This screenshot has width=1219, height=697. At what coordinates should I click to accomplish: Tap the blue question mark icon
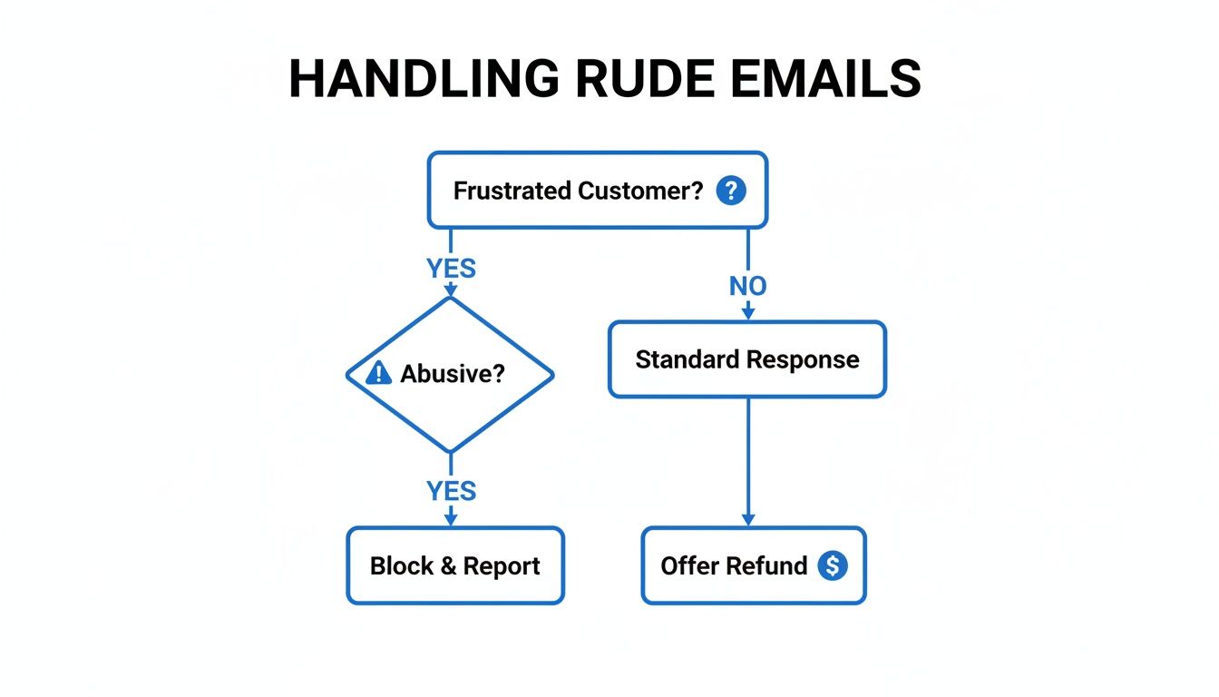[x=731, y=191]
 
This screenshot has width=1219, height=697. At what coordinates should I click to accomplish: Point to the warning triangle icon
[x=377, y=373]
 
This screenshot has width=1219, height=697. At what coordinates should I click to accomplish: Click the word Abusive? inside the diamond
[x=453, y=374]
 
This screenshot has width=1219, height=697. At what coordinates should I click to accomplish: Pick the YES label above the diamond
[x=451, y=269]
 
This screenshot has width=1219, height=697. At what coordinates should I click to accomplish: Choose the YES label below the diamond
[x=451, y=491]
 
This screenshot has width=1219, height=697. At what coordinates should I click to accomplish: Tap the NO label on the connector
[x=748, y=287]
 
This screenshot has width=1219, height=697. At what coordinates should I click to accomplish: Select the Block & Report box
[x=455, y=565]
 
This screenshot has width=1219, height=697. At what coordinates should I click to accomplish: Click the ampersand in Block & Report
[x=448, y=566]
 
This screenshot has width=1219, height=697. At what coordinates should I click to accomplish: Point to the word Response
[x=803, y=360]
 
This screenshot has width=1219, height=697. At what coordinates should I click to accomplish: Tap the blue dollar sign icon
[x=832, y=565]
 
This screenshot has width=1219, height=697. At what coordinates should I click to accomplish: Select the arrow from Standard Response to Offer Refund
[x=748, y=458]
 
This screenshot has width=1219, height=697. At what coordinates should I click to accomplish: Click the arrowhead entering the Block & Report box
[x=451, y=520]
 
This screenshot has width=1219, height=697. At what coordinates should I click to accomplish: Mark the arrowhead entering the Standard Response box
[x=748, y=313]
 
